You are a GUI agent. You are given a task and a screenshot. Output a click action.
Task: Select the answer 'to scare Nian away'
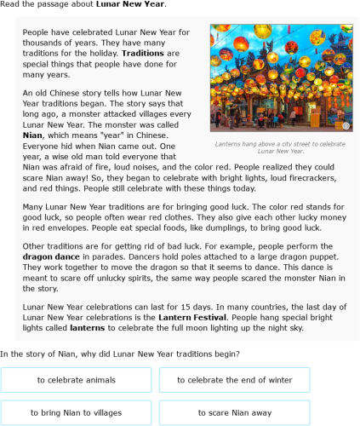[234, 412]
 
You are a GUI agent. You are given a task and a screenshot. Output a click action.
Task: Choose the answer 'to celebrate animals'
[77, 379]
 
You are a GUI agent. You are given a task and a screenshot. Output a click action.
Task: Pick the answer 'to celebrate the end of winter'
[234, 379]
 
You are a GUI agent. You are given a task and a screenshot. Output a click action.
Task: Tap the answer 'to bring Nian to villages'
[77, 412]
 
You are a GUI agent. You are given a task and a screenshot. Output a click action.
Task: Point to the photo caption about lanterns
[280, 149]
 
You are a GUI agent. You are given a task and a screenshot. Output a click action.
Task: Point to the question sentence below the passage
[120, 354]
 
